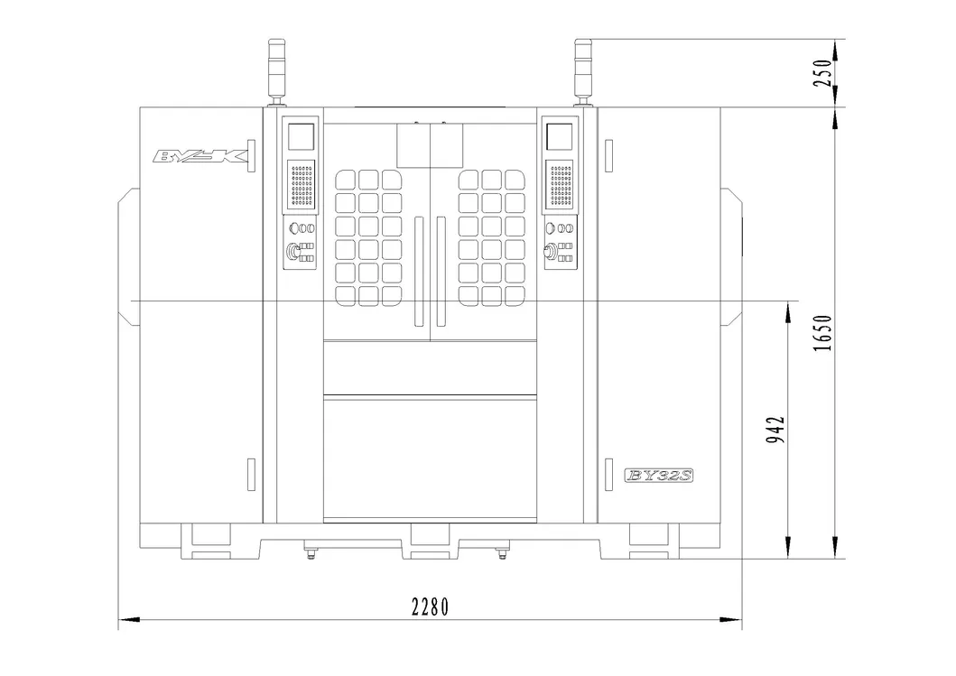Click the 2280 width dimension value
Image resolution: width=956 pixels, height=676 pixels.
pyautogui.click(x=430, y=607)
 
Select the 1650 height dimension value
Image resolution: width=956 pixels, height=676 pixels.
pyautogui.click(x=822, y=333)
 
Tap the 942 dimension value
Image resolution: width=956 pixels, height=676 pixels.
pyautogui.click(x=775, y=430)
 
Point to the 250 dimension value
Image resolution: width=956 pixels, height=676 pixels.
pyautogui.click(x=822, y=72)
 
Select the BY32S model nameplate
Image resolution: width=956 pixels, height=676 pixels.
pyautogui.click(x=659, y=476)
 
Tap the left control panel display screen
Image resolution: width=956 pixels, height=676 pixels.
pyautogui.click(x=301, y=136)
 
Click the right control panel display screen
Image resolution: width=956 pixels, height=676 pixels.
pyautogui.click(x=559, y=136)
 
